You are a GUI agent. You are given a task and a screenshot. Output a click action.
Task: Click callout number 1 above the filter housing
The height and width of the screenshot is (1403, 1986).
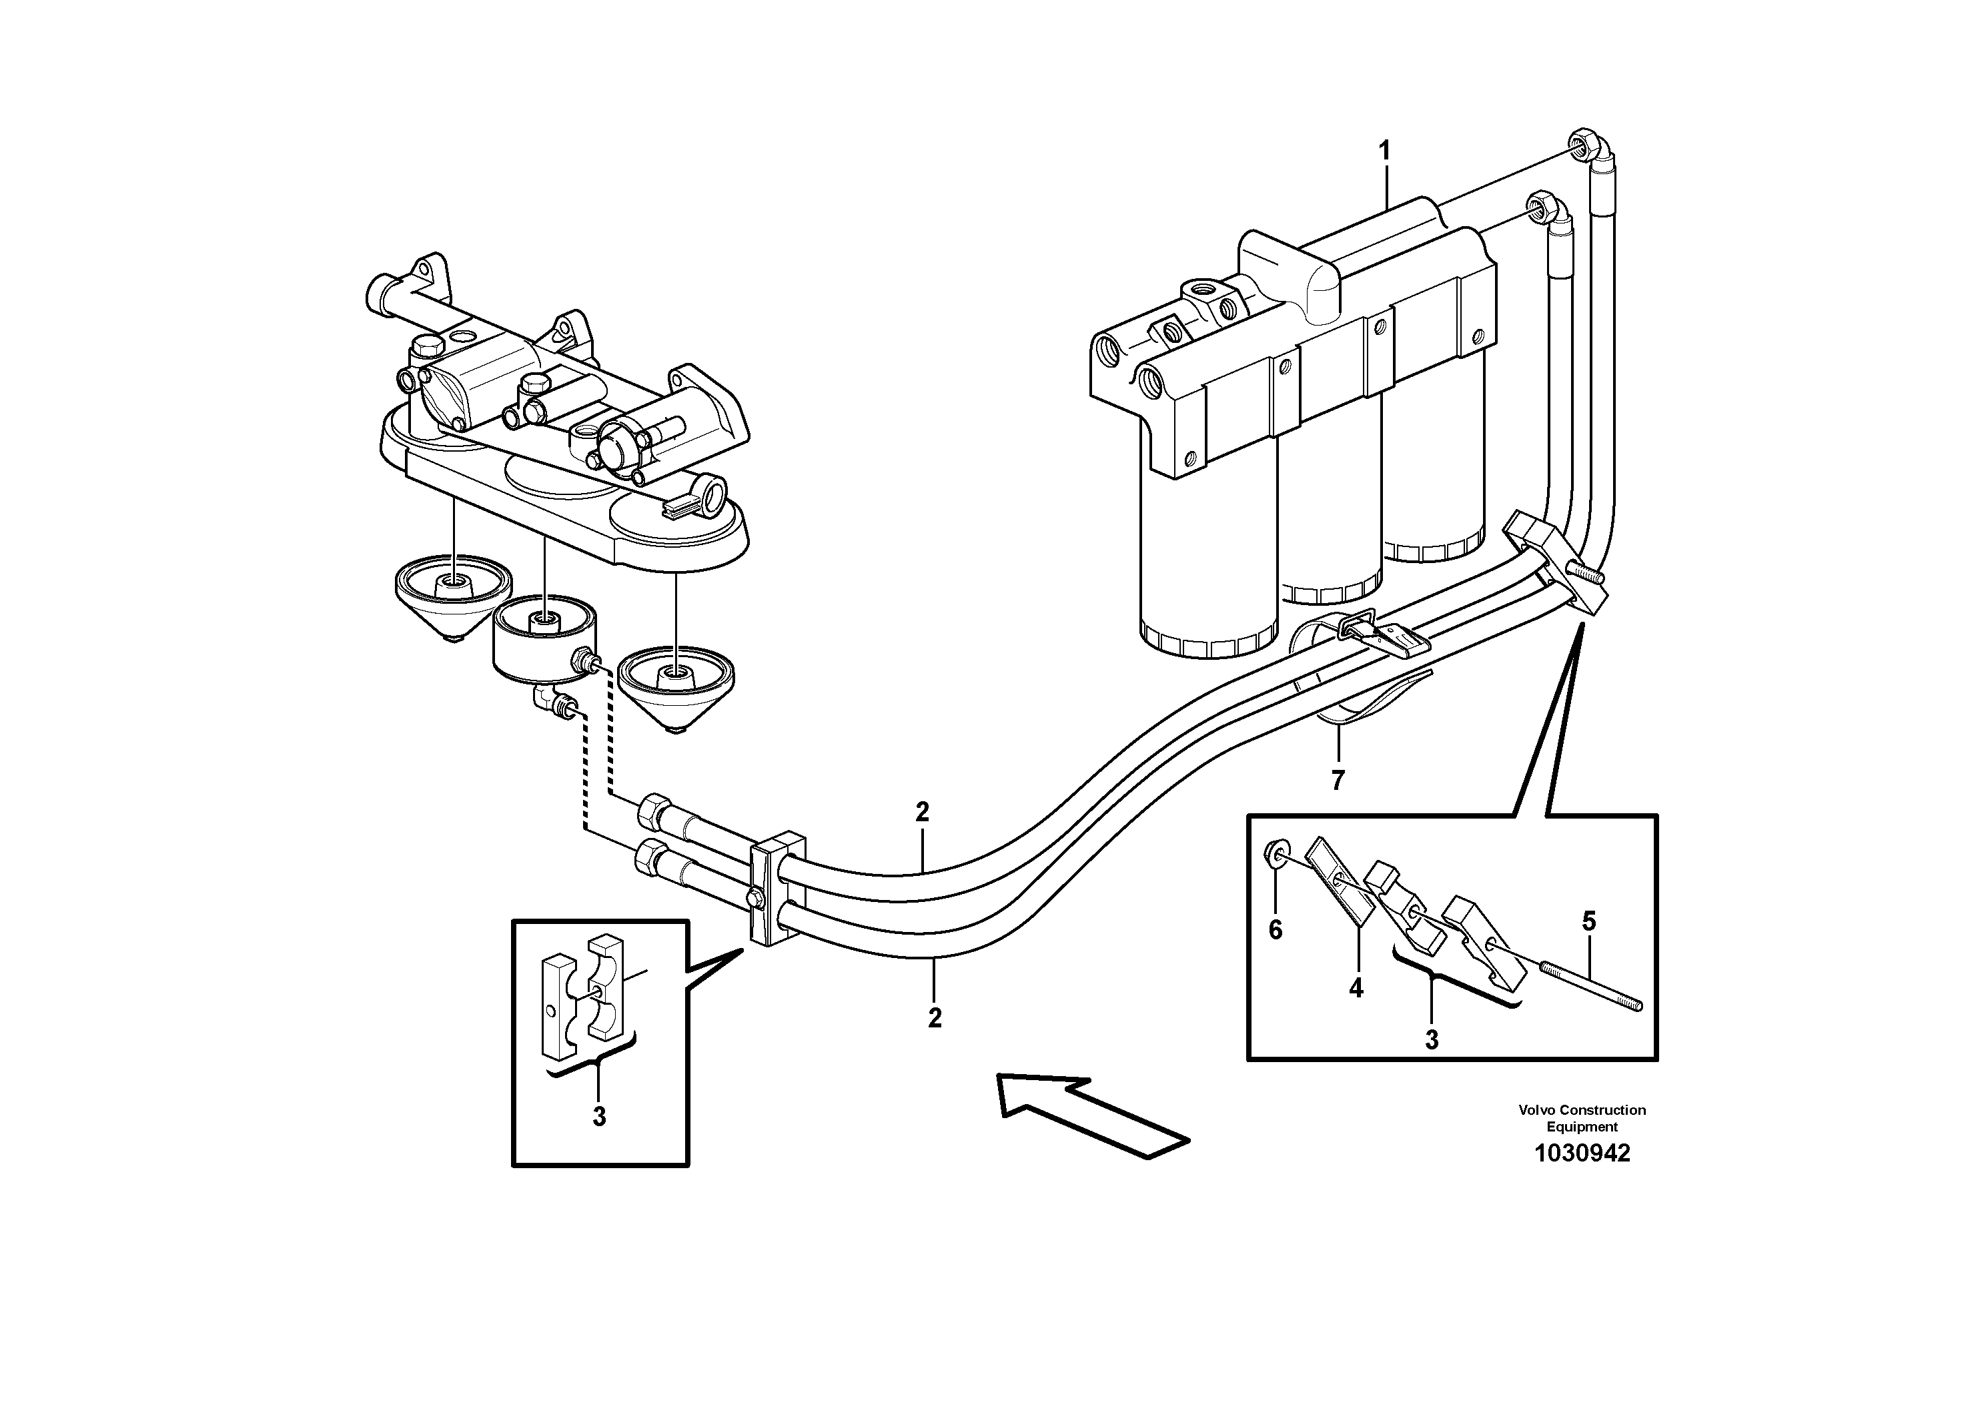tap(1384, 151)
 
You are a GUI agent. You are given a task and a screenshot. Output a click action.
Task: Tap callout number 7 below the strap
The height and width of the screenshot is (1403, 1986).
tap(1338, 780)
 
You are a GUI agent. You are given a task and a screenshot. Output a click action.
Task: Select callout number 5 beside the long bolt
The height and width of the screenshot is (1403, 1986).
tap(1588, 922)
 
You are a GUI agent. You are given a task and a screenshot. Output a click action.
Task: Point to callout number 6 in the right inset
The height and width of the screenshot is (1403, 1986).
tap(1275, 930)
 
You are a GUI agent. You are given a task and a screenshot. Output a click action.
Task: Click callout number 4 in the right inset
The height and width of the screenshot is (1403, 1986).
tap(1356, 988)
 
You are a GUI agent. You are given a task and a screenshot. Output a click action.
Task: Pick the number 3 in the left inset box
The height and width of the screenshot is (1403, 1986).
tap(598, 1116)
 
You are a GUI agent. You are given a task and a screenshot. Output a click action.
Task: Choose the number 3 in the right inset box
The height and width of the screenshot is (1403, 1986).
tap(1432, 1039)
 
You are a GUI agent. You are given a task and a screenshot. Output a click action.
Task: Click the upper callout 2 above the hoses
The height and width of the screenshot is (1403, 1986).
tap(922, 812)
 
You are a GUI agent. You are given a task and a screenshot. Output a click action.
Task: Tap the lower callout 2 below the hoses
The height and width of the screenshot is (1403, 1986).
tap(934, 1018)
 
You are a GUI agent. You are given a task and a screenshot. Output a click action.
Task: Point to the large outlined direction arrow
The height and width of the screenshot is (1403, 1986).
tap(1090, 1114)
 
